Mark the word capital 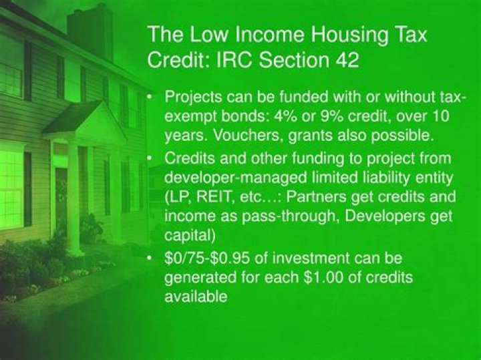[x=187, y=234]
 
